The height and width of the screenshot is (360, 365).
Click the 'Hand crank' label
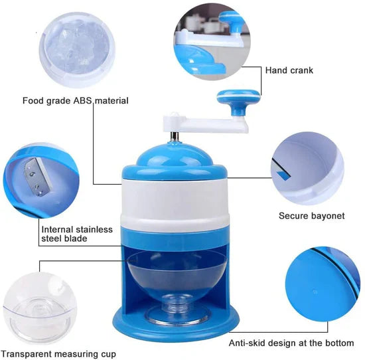click(x=289, y=70)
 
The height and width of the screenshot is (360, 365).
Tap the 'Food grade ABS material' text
click(x=76, y=101)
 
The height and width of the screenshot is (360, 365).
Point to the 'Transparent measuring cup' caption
click(x=58, y=353)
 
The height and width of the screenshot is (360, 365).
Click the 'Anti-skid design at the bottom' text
click(x=291, y=343)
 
